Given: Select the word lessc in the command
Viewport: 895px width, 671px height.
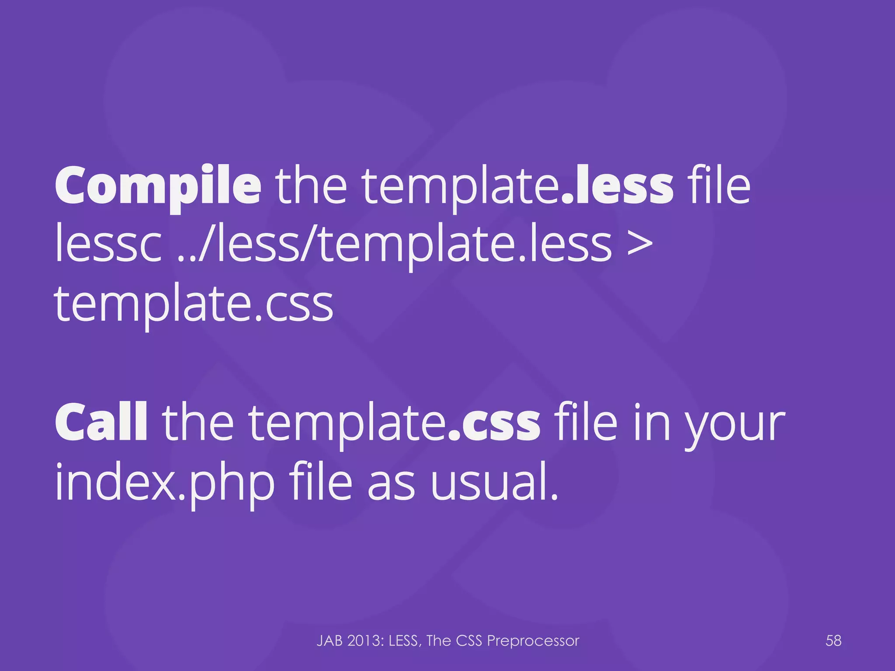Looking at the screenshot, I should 108,246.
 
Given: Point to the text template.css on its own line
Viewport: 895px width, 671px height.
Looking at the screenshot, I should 194,305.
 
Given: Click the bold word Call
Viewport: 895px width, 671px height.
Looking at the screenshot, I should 101,423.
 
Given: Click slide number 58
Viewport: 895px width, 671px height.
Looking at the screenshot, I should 833,640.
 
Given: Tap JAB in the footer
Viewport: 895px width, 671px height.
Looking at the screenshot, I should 330,641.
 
